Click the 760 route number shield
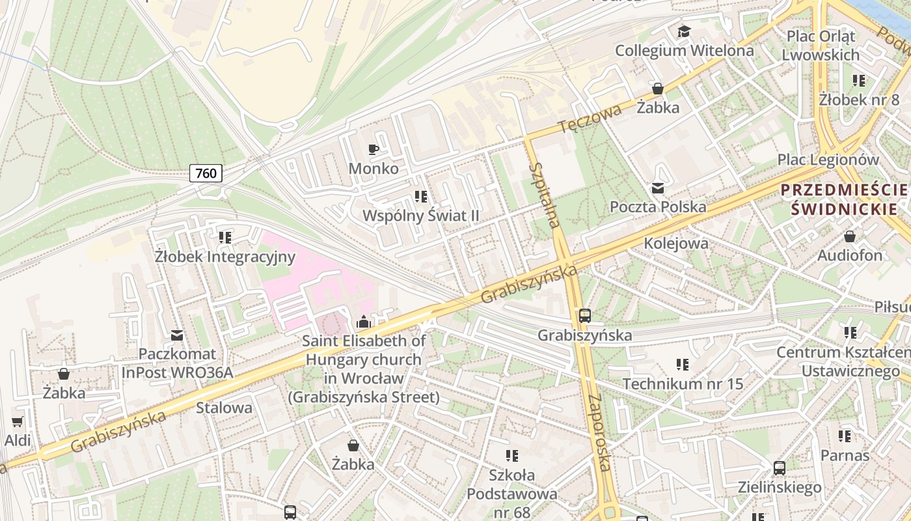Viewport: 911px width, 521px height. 206,173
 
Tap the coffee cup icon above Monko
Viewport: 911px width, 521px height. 374,150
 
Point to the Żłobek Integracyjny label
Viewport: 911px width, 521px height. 225,257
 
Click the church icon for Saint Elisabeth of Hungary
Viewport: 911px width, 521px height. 363,322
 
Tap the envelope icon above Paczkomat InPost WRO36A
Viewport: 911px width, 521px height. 176,335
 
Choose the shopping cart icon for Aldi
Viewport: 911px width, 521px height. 18,421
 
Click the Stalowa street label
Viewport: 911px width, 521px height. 224,408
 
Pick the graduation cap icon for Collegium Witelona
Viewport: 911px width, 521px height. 684,31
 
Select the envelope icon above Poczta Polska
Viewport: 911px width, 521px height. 658,188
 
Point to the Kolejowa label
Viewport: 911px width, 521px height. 676,244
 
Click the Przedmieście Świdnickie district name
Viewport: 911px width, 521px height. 844,199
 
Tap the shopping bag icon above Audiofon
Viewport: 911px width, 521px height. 850,236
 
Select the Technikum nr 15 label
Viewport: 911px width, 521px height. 683,384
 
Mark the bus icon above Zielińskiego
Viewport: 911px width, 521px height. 780,468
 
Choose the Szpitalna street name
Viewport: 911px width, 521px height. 544,195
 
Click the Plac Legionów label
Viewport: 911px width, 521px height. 828,160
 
